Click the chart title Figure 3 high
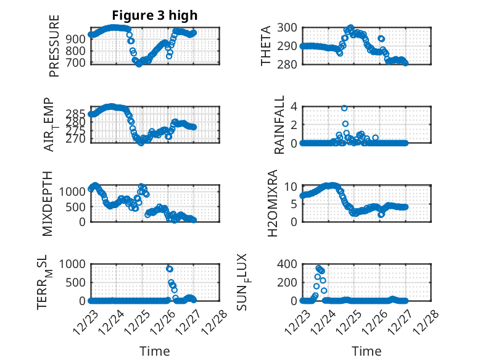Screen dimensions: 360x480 coord(155,15)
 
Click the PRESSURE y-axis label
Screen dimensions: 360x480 coord(54,45)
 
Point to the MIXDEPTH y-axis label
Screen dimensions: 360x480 coord(48,203)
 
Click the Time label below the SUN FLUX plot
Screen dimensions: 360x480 coord(366,351)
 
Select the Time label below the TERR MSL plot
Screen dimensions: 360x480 coord(155,351)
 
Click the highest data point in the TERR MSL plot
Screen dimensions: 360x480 coord(169,269)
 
